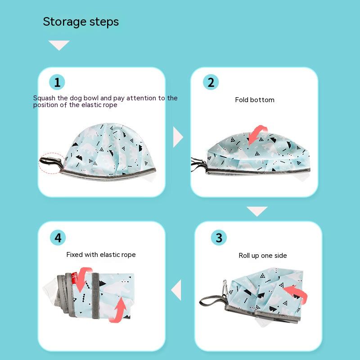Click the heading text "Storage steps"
[81, 22]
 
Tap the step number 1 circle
[57, 82]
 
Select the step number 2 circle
[211, 82]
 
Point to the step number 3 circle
[219, 238]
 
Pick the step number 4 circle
[58, 238]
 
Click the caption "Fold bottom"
[255, 100]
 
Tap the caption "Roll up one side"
[263, 256]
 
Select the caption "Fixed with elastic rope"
[101, 255]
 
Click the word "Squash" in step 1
[44, 98]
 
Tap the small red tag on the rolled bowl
[74, 278]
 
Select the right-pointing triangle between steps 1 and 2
[178, 137]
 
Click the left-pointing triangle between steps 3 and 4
[176, 290]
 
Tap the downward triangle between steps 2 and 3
[257, 211]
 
